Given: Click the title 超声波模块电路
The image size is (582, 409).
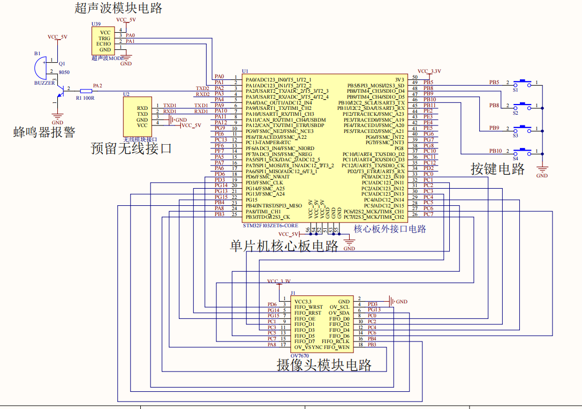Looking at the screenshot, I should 118,8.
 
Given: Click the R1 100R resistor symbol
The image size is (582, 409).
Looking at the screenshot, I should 86,91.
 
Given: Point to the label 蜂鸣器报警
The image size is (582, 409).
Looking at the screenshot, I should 44,132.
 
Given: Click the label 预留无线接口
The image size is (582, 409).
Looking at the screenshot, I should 132,148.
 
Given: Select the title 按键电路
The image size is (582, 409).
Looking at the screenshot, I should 497,169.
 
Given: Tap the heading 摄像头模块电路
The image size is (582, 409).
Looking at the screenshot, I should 324,365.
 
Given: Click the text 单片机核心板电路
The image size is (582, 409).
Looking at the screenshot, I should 284,246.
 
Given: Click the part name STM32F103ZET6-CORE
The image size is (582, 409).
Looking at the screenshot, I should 270,226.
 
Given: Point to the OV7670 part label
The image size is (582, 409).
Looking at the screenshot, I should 300,355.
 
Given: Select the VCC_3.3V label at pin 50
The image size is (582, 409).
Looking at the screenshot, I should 429,71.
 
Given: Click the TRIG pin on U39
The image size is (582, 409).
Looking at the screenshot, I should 104,38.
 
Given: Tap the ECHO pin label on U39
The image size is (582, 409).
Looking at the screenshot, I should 104,44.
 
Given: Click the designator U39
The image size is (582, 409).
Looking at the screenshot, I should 96,24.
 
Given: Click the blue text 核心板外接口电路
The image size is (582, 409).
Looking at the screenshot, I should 390,229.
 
